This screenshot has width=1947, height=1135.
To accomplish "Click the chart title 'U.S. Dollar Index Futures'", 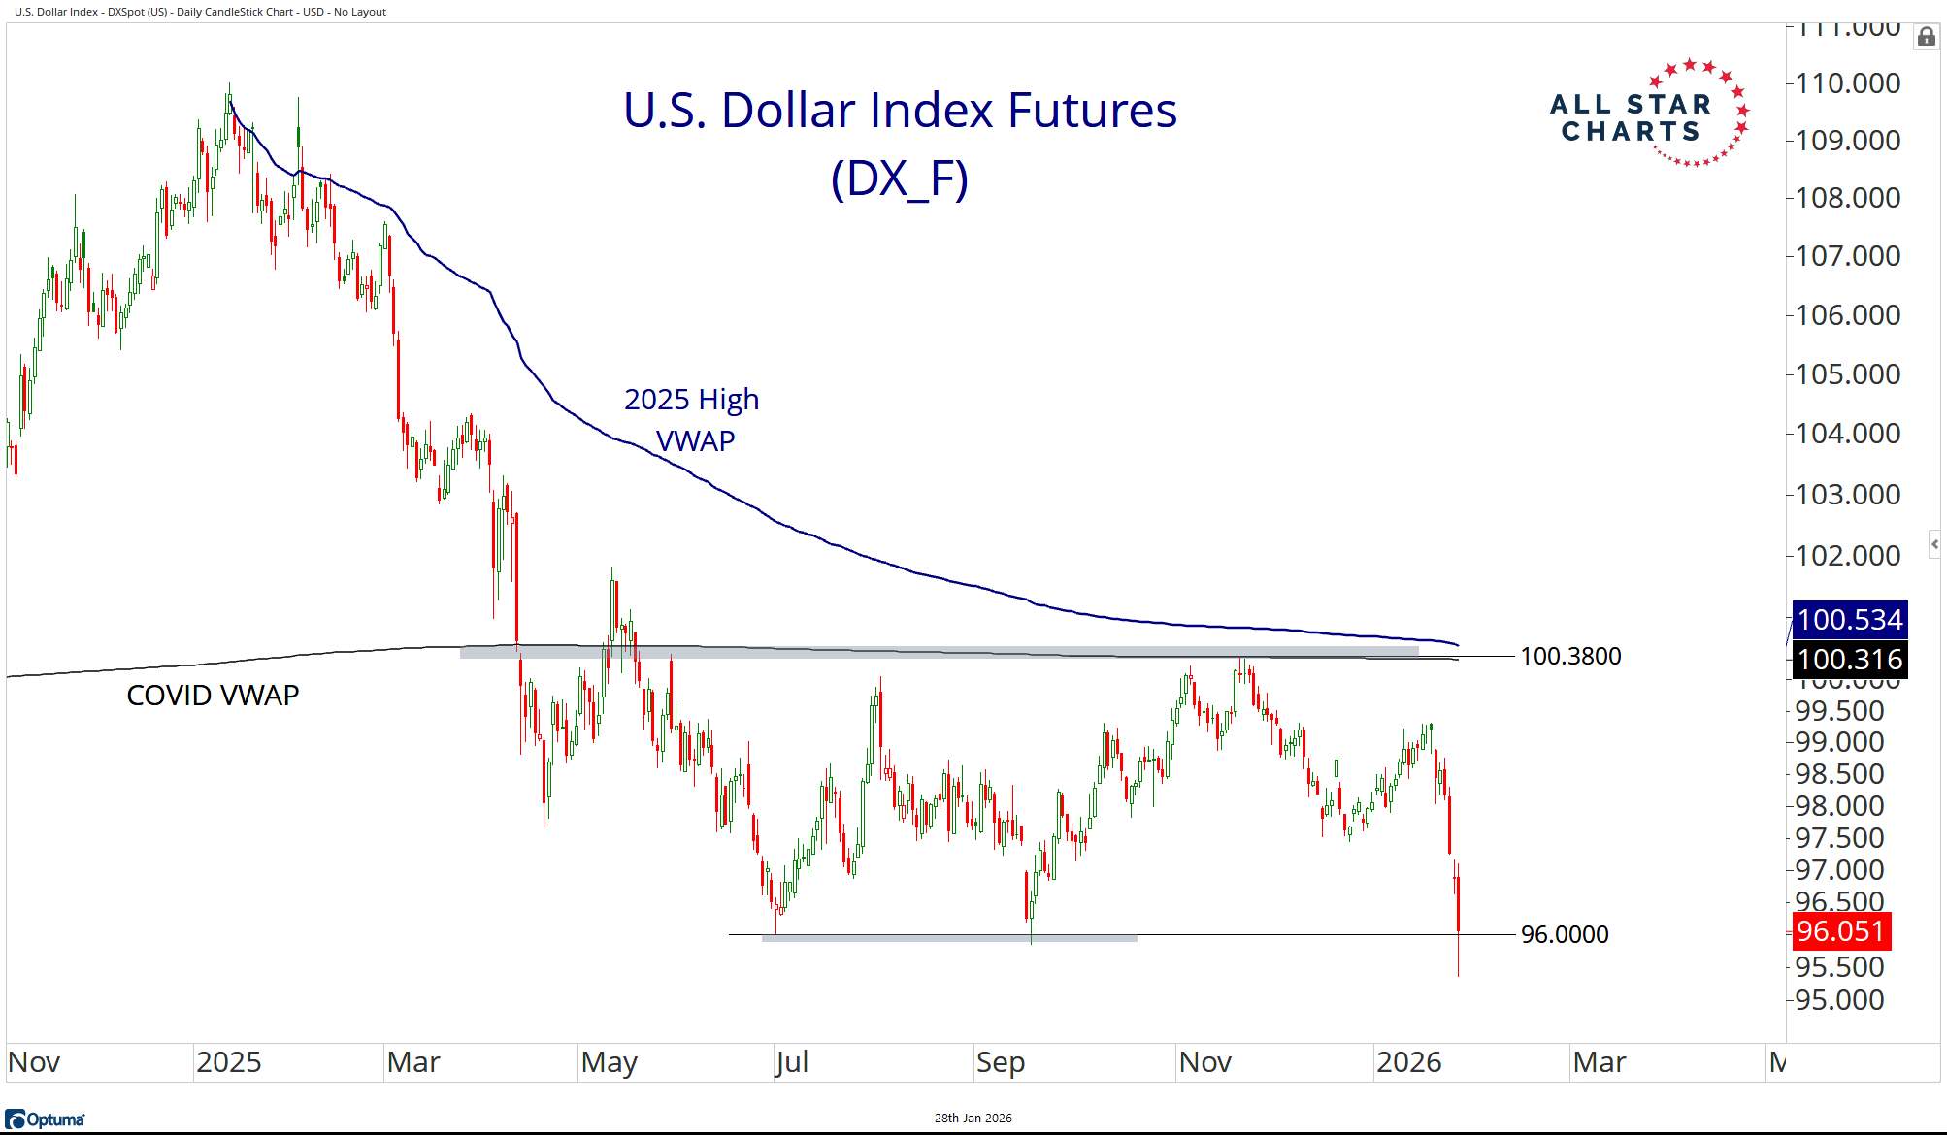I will click(900, 110).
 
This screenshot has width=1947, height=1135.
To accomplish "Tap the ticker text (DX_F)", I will click(900, 178).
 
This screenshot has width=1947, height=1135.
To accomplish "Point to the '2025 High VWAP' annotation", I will click(692, 419).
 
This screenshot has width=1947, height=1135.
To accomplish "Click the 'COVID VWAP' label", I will click(213, 696).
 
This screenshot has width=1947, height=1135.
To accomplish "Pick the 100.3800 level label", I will click(1569, 657).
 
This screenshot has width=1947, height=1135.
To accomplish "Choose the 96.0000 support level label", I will click(1564, 934).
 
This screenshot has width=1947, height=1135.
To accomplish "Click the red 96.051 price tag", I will click(1839, 931).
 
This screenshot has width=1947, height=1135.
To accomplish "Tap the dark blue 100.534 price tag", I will click(1849, 620).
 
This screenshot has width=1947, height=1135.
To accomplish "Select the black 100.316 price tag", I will click(1849, 660).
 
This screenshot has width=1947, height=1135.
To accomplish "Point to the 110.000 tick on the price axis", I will click(1847, 83).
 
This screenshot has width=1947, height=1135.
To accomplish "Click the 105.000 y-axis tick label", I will click(1847, 374).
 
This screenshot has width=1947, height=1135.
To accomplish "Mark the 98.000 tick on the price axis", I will click(1838, 806).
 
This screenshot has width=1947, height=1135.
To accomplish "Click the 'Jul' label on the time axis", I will click(792, 1062).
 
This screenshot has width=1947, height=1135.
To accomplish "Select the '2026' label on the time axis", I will click(1408, 1062).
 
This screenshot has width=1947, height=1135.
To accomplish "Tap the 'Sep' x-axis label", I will click(1001, 1062).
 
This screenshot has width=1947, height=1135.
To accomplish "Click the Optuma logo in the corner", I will click(45, 1119).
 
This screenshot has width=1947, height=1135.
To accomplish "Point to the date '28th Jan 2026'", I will click(973, 1119).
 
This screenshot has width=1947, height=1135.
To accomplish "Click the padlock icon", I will click(1926, 37).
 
